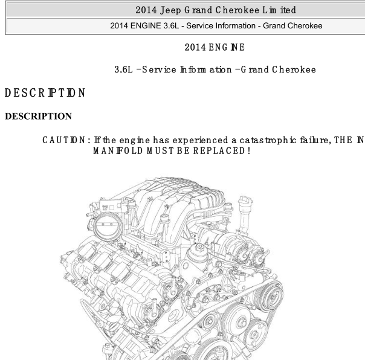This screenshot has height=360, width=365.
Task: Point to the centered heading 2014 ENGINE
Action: point(215,47)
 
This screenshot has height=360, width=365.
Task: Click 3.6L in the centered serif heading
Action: point(123,69)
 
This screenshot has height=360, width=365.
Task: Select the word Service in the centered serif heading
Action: point(159,69)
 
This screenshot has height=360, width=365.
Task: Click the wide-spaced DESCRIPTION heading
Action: point(45,92)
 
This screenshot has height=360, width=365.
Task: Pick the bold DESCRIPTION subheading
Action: point(39,117)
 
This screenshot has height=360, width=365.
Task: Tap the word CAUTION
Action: point(64,140)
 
